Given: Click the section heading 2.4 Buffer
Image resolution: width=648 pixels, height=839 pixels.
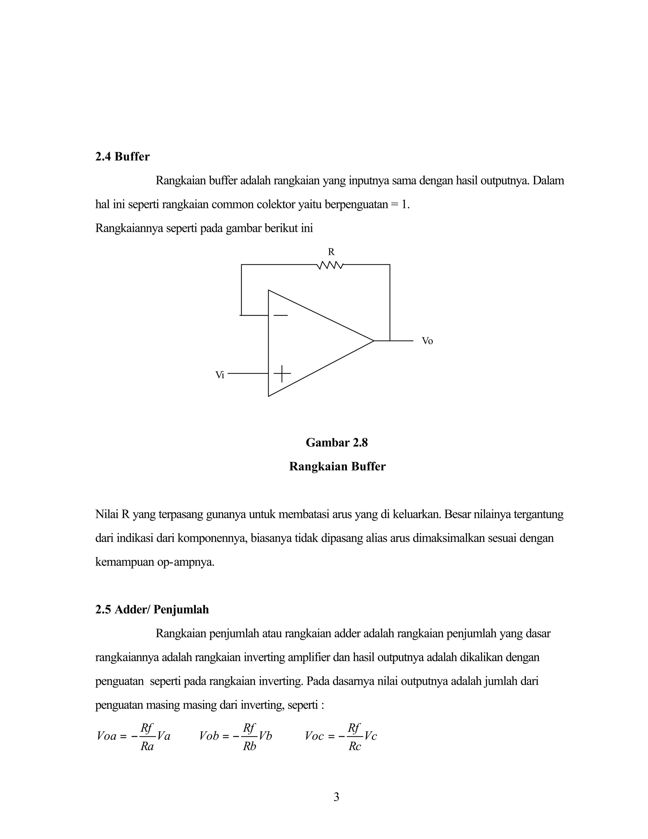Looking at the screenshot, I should (122, 156).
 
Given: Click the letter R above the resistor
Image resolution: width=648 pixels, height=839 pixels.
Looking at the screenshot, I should (331, 252).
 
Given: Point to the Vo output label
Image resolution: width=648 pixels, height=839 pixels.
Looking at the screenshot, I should (427, 341).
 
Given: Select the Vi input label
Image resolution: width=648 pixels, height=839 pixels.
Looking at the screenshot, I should (220, 375).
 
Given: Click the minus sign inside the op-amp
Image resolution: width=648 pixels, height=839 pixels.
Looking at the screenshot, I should (281, 315).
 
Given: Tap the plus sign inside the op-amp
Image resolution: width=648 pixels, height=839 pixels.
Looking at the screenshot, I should (282, 373).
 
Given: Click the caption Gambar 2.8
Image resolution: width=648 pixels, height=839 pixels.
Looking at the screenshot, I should (336, 443).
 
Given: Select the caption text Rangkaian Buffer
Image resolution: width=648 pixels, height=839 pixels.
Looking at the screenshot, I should (337, 466).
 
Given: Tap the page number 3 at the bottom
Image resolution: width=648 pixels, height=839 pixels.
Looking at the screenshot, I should (336, 797).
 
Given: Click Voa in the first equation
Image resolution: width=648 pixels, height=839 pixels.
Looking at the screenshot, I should (107, 736).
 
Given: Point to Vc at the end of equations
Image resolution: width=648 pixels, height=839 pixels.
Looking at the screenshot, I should (371, 736).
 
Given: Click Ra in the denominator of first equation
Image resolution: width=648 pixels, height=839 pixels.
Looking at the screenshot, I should (147, 747).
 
